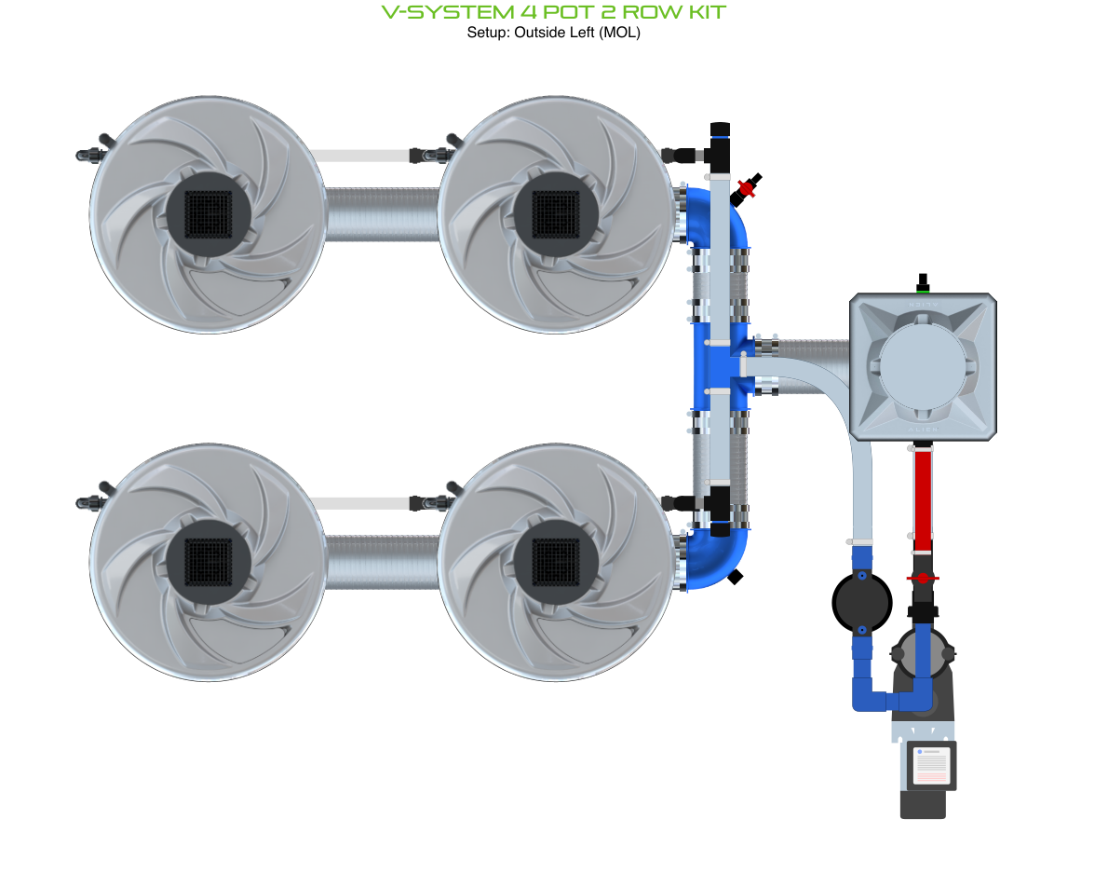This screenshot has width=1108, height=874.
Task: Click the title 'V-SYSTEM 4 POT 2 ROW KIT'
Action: (554, 12)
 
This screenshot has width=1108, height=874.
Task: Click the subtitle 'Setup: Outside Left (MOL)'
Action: (554, 33)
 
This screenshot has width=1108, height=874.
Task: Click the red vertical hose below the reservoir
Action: (922, 498)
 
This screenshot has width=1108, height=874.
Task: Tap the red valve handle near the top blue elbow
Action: (746, 187)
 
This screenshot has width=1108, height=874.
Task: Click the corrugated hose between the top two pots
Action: (382, 213)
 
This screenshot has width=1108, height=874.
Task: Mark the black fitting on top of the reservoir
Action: (923, 282)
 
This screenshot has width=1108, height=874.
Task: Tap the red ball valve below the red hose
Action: (922, 579)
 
